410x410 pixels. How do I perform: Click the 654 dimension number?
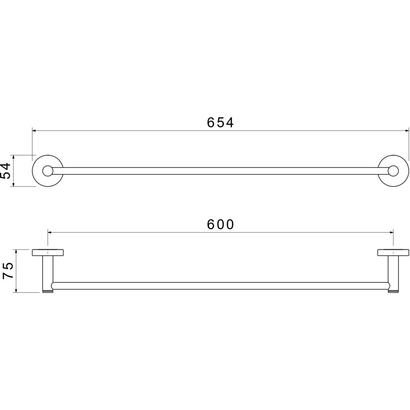click(220, 122)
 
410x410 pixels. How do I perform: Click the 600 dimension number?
click(221, 224)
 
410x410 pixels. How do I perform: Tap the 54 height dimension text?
click(6, 171)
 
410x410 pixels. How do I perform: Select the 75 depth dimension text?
click(7, 271)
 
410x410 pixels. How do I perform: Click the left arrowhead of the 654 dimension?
click(34, 130)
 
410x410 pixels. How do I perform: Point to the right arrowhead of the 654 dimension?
click(407, 130)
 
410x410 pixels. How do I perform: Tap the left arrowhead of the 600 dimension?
click(50, 232)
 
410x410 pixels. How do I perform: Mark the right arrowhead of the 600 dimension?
click(391, 232)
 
